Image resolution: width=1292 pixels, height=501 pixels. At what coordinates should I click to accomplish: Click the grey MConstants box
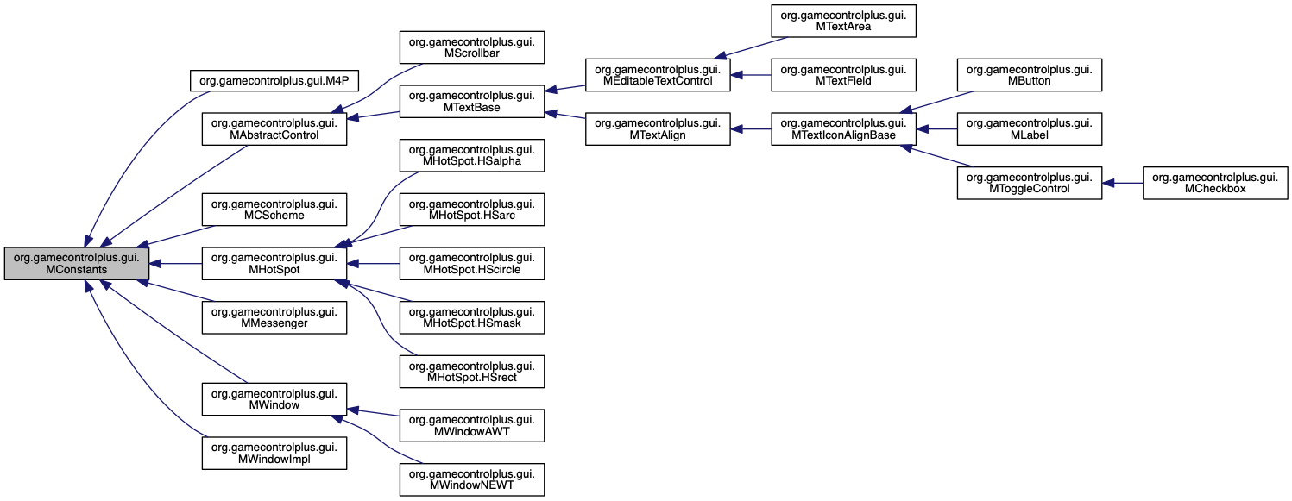pos(75,264)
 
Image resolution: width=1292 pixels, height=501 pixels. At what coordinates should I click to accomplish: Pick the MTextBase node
pos(470,101)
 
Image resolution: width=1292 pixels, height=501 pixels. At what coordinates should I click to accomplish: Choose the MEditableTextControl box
pos(658,74)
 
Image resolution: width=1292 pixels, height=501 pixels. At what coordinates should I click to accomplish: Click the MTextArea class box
pos(842,20)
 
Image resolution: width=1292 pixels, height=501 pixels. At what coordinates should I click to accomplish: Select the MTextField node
pos(842,74)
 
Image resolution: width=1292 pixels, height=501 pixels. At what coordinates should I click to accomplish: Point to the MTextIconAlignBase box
pos(842,128)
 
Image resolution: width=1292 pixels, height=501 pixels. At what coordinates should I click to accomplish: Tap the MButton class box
pos(1029,74)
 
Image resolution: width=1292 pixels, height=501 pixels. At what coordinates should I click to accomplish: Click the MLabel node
pos(1029,128)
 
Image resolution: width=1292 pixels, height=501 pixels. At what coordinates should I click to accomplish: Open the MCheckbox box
pos(1215,183)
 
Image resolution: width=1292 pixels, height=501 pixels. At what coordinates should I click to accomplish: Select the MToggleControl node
pos(1029,183)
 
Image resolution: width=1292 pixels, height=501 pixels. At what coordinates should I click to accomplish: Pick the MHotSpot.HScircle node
pos(470,264)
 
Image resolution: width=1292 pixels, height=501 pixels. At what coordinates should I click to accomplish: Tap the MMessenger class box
pos(274,317)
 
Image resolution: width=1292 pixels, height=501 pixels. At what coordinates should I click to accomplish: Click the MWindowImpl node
pos(274,453)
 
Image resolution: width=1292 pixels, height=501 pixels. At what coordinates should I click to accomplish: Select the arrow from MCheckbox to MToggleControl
pos(1122,183)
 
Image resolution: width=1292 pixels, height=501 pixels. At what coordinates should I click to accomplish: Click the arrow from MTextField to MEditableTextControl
pos(751,74)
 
